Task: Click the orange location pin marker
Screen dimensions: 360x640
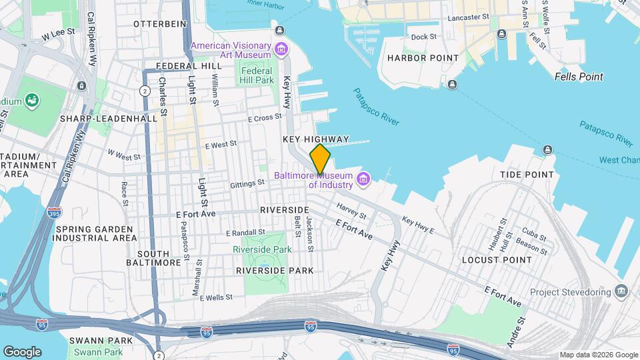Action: click(x=320, y=159)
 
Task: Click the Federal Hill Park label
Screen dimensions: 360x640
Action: click(x=257, y=75)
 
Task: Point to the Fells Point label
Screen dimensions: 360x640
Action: click(x=579, y=77)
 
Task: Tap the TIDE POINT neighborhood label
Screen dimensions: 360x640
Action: click(x=527, y=175)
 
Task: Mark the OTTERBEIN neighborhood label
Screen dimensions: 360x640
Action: click(x=159, y=23)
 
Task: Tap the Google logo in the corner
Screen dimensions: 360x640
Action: click(x=22, y=351)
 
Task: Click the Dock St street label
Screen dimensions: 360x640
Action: click(x=423, y=37)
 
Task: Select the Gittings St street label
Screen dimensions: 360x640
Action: click(x=247, y=183)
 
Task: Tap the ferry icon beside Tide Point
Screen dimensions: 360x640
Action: click(x=547, y=149)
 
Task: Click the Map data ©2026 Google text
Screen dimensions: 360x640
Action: click(x=599, y=355)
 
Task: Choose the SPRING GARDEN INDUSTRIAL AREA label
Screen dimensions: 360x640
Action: click(x=97, y=233)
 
